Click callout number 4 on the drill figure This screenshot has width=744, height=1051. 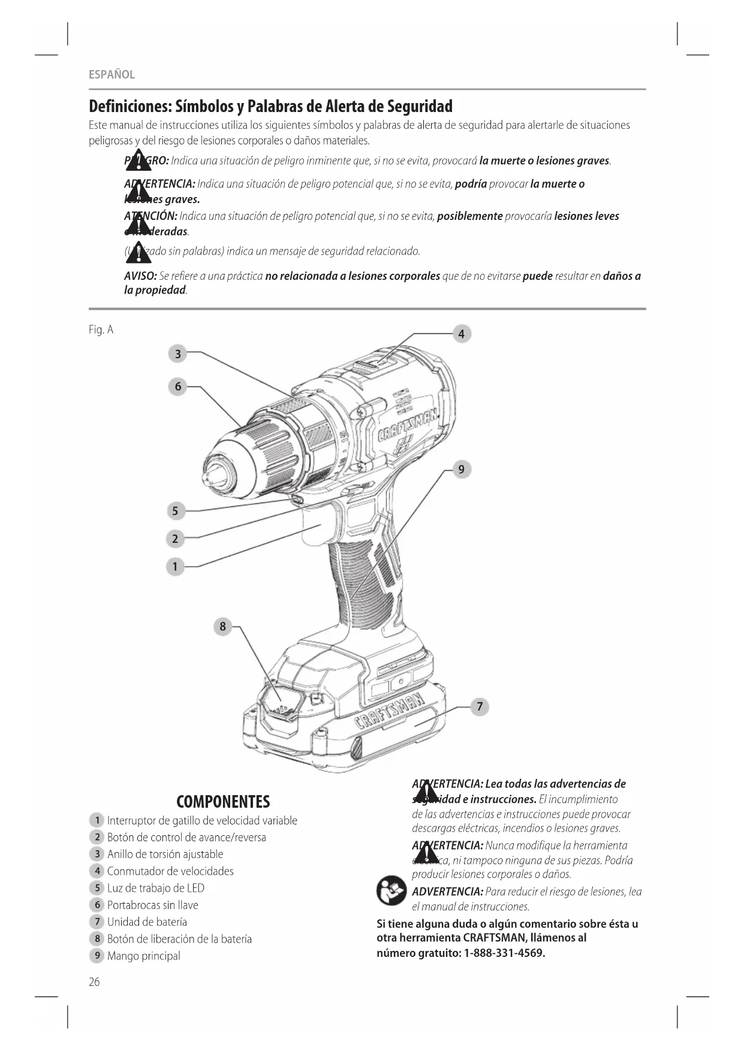[461, 334]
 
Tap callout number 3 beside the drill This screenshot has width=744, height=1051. [177, 354]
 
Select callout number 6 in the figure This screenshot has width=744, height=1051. [177, 386]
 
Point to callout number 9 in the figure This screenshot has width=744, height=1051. [461, 469]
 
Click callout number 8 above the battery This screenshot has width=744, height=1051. [222, 627]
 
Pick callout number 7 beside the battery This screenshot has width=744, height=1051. [480, 707]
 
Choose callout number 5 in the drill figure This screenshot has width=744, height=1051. [175, 511]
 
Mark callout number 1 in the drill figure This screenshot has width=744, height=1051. [175, 566]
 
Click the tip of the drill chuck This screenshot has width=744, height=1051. [209, 475]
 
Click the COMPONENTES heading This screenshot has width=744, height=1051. [223, 802]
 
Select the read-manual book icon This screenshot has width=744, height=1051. [391, 891]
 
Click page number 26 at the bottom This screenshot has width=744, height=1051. [95, 981]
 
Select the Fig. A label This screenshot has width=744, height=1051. [101, 330]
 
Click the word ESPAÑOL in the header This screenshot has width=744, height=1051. [112, 74]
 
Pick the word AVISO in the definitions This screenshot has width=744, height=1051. [140, 276]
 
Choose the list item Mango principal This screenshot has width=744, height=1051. [143, 956]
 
